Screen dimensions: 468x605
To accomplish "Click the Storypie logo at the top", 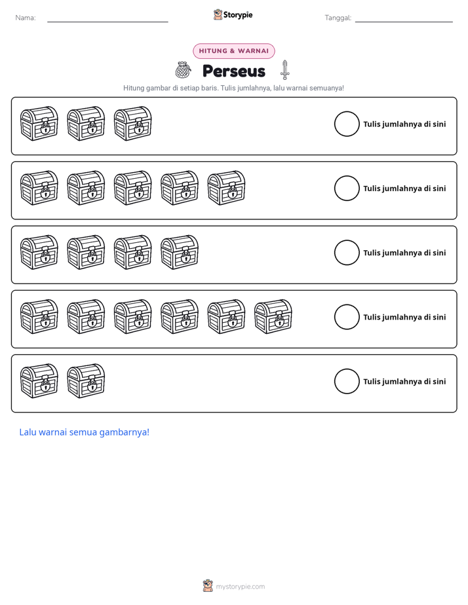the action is (233, 14).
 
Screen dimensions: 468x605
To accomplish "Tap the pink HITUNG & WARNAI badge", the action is (233, 51).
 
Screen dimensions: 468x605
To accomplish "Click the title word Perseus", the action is (233, 71).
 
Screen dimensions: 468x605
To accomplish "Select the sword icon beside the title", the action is (285, 70).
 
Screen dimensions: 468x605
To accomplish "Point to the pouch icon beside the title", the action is (183, 70).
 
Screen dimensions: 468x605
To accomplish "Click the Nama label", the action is (26, 18).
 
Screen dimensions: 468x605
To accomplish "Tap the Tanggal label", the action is (338, 18).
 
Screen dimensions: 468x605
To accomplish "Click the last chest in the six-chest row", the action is (273, 316).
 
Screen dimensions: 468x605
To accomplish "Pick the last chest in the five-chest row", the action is (226, 188).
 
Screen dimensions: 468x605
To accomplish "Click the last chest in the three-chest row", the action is (133, 124).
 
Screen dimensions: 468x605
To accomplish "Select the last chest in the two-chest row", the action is (86, 381).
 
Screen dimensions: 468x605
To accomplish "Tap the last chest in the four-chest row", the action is (180, 252).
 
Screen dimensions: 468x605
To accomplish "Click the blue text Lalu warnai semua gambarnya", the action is (84, 432).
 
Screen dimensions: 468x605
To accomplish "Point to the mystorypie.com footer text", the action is (240, 587).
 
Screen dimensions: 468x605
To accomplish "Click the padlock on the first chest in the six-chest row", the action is (45, 320).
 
